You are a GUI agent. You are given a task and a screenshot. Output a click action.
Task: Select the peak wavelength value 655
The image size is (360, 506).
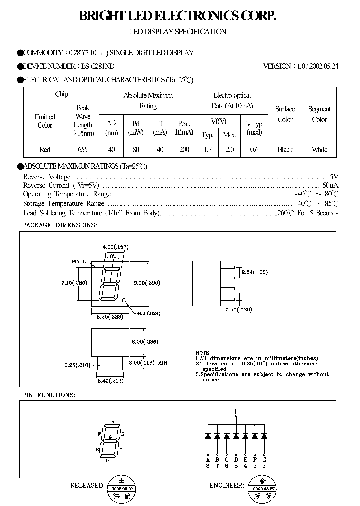(83, 149)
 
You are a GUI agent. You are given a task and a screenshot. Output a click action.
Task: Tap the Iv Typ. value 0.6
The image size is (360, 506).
(254, 149)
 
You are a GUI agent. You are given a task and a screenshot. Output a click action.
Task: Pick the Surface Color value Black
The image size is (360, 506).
(285, 149)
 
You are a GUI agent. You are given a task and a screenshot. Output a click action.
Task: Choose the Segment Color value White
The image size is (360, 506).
(319, 149)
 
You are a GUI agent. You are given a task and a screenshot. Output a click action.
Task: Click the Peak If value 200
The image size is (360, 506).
(184, 149)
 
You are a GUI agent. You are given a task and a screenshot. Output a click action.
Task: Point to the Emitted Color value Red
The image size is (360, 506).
(45, 149)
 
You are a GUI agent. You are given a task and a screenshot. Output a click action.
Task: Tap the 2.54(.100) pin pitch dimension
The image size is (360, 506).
(255, 272)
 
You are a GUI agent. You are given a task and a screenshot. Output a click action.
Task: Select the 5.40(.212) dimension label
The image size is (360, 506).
(110, 380)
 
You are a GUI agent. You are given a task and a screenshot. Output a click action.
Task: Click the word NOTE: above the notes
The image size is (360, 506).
(203, 353)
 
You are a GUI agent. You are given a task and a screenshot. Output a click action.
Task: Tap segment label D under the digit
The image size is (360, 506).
(107, 461)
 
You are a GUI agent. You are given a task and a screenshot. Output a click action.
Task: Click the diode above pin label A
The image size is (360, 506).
(208, 436)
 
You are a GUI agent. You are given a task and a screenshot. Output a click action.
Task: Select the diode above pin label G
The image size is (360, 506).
(265, 436)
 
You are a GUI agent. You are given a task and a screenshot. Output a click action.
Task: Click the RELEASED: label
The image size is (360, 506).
(87, 485)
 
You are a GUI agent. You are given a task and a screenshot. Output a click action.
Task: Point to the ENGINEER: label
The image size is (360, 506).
(226, 485)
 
